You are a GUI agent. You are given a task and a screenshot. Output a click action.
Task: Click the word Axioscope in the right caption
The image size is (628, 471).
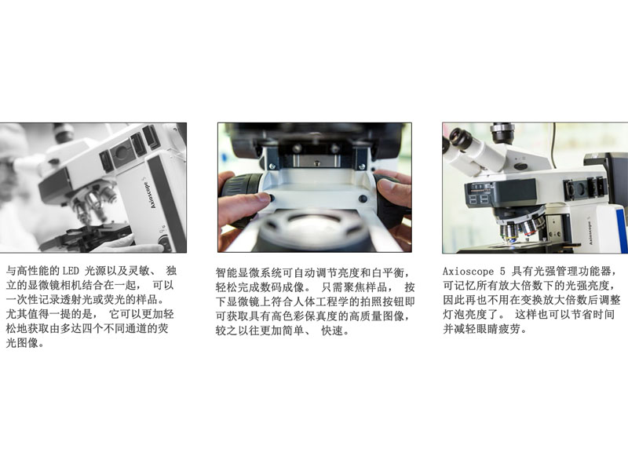pos(468,272)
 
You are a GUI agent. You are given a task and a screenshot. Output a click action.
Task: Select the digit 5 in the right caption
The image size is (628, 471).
pos(502,272)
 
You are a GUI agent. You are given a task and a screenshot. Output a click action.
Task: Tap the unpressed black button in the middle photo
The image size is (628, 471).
pos(363,199)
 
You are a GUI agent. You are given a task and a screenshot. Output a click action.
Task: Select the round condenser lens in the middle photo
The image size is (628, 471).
pos(312,228)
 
